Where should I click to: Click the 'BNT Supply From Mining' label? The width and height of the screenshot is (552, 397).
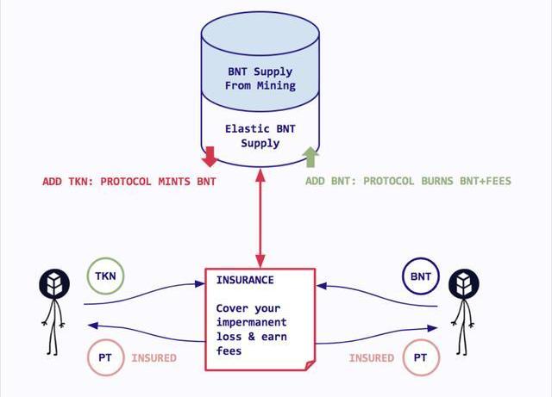click(x=260, y=78)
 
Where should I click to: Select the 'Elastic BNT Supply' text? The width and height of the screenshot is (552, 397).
click(x=259, y=136)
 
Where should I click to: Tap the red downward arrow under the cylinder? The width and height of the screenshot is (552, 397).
click(x=209, y=158)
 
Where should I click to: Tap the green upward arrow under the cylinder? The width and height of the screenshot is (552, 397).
click(x=310, y=158)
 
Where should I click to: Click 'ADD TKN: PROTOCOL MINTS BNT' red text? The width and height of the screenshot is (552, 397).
click(x=129, y=182)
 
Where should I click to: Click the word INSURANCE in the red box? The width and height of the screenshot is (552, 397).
click(x=245, y=280)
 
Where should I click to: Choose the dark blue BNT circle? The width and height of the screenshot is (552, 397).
click(x=420, y=276)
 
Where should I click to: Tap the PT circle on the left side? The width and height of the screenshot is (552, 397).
click(x=105, y=357)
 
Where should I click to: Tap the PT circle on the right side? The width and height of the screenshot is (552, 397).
click(x=420, y=357)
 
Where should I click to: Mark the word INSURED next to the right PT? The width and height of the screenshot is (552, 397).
click(x=372, y=357)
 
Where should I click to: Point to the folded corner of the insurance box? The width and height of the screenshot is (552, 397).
click(x=309, y=364)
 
